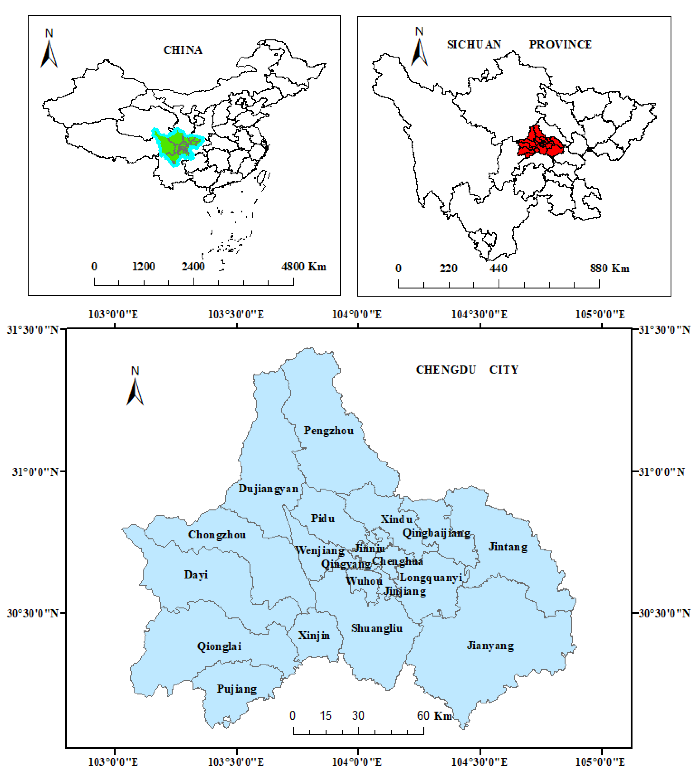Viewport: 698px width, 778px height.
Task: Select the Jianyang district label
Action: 490,646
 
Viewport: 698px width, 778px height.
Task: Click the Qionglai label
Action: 219,646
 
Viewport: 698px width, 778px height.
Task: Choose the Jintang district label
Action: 508,547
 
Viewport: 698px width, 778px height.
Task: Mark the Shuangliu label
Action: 377,628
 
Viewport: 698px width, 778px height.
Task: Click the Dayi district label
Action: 196,575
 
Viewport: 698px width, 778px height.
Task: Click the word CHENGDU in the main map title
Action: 446,370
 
